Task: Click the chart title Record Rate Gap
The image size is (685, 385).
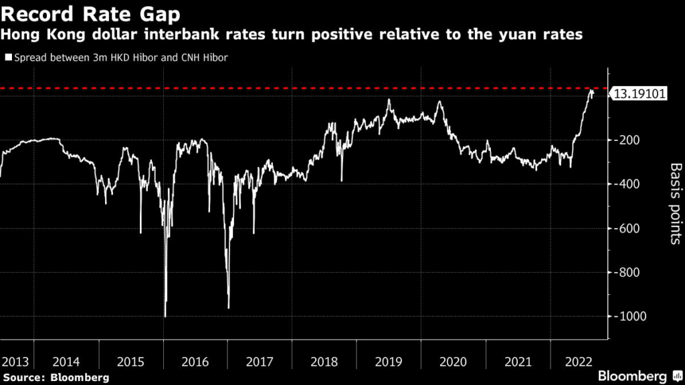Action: click(x=90, y=13)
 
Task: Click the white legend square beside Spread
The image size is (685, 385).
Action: click(x=8, y=57)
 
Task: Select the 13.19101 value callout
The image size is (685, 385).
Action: click(x=639, y=94)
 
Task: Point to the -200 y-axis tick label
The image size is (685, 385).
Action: click(x=627, y=140)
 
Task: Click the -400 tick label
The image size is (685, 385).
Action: click(x=627, y=184)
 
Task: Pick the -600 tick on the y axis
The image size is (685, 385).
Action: click(x=627, y=229)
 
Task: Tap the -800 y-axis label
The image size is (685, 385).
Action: click(x=627, y=273)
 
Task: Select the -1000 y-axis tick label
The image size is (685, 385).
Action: click(x=630, y=316)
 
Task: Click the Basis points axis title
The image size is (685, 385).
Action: click(x=676, y=203)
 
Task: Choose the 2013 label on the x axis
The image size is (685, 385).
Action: click(x=15, y=362)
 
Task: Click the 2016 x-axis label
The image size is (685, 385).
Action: click(x=195, y=362)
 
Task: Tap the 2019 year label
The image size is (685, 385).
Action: click(x=389, y=362)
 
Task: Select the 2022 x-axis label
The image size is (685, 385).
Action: click(x=579, y=362)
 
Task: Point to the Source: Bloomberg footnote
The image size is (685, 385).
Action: click(x=56, y=378)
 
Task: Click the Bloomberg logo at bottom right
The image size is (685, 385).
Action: click(x=640, y=376)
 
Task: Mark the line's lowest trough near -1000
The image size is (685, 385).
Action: click(x=165, y=316)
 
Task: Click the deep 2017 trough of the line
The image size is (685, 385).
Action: click(x=229, y=307)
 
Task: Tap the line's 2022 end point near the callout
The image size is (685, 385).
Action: click(x=593, y=92)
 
